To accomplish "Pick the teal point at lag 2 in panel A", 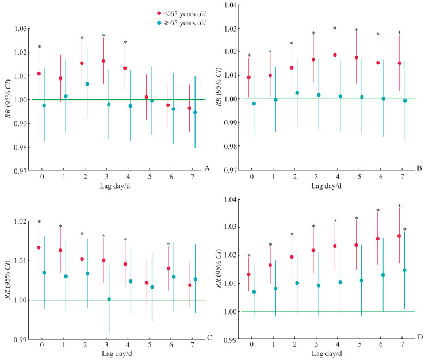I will [x=87, y=84].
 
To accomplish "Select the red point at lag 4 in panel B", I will [x=335, y=55].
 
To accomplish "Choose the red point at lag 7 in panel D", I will [x=399, y=236].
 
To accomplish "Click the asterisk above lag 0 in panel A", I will [x=40, y=47].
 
